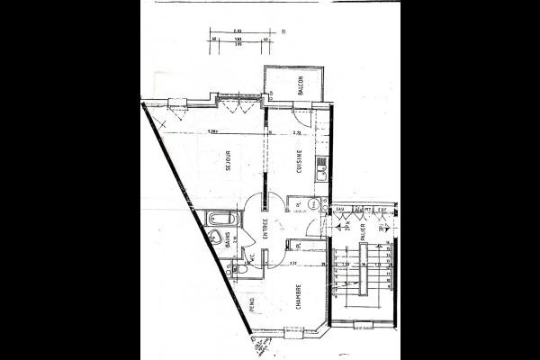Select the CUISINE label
click(298, 160)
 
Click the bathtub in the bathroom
click(219, 220)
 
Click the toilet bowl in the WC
click(240, 271)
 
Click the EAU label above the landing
click(339, 209)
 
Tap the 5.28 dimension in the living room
click(212, 131)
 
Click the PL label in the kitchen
click(298, 206)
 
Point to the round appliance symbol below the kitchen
click(312, 205)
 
